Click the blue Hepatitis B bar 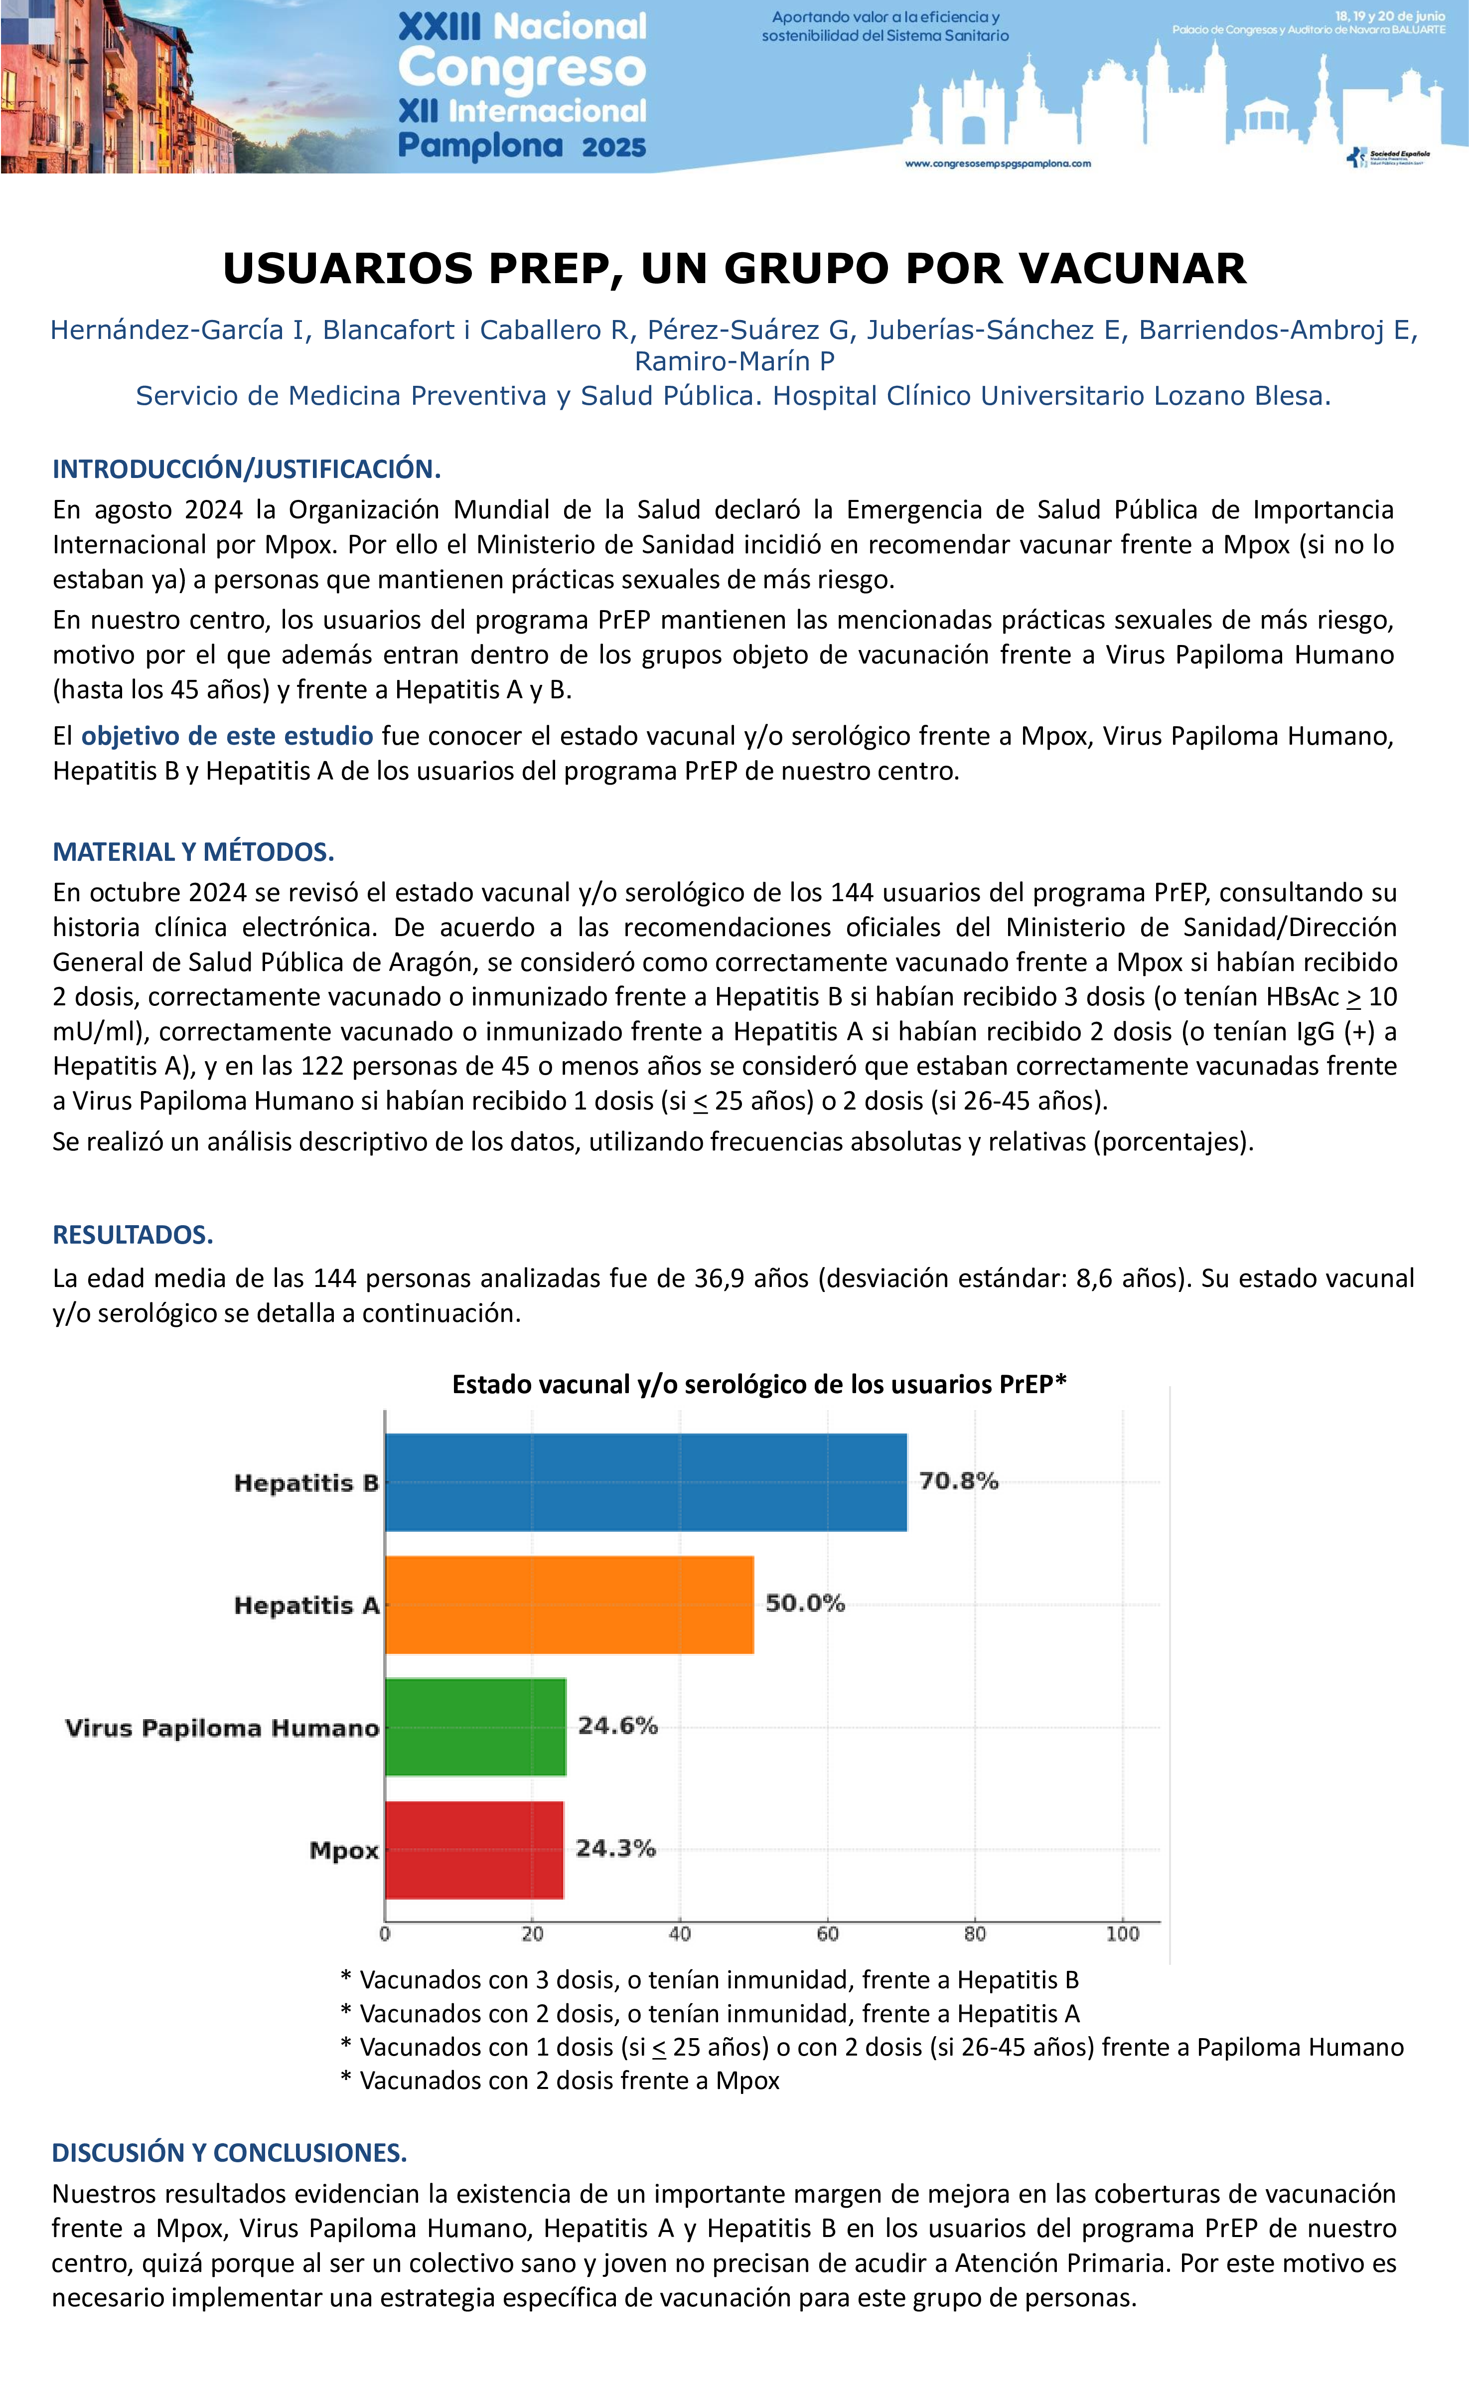tap(645, 1482)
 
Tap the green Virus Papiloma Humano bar tap(476, 1727)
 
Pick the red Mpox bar tap(474, 1849)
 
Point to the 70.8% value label tap(958, 1481)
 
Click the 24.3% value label tap(615, 1848)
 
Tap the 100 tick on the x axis tap(1122, 1934)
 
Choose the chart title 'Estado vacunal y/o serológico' tap(758, 1384)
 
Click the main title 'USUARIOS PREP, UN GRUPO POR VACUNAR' tap(734, 268)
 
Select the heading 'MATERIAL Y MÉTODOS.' tap(193, 852)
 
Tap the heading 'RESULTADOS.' tap(133, 1235)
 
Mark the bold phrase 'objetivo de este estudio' tap(227, 736)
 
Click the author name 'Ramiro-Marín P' tap(734, 362)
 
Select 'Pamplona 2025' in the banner tap(522, 146)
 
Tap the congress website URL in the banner tap(997, 164)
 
